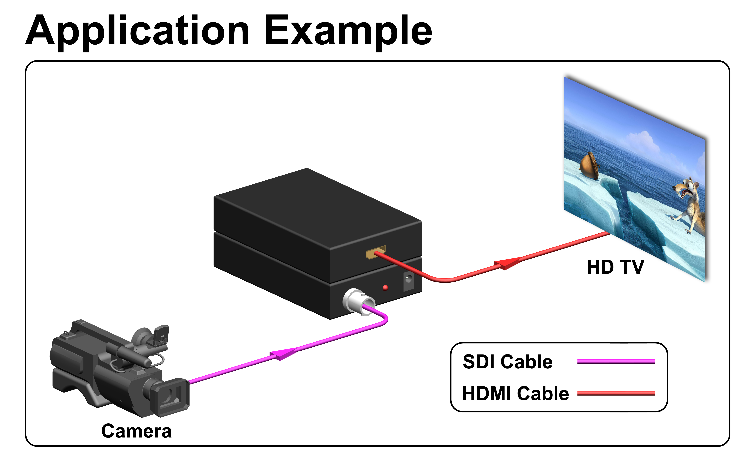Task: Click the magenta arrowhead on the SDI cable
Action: (x=283, y=354)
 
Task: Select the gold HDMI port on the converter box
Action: (x=375, y=252)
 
